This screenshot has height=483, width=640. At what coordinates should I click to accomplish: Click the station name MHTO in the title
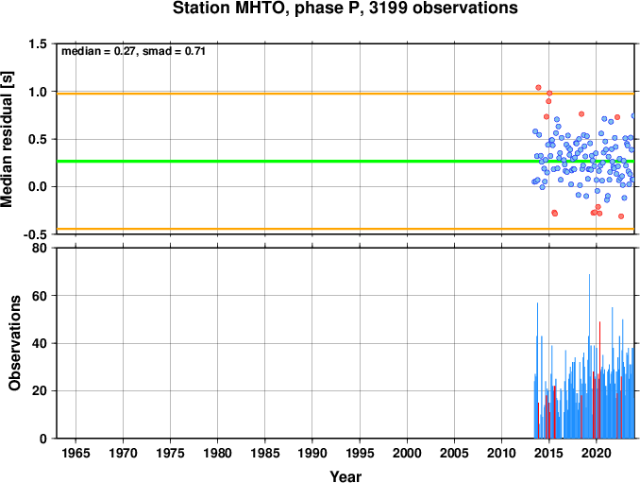click(260, 9)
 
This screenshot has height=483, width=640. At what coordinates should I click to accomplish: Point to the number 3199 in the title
click(388, 9)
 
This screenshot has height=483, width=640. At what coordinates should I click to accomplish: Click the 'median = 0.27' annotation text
click(98, 51)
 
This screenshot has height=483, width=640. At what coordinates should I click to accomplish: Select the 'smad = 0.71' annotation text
click(174, 51)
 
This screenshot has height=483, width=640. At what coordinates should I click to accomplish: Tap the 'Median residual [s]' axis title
click(7, 139)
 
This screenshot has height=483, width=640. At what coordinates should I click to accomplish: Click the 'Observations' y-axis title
click(15, 343)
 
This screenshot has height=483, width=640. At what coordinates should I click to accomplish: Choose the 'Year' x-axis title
click(345, 476)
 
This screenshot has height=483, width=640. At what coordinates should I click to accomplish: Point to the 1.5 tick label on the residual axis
click(38, 44)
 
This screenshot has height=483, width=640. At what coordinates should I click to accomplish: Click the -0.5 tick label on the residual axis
click(36, 234)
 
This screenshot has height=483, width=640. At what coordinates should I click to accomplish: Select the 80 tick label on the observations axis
click(40, 248)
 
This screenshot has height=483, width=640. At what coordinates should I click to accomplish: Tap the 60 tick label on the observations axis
click(40, 296)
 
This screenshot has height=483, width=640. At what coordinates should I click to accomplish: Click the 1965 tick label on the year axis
click(76, 453)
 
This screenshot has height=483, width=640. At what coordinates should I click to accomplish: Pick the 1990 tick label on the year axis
click(312, 453)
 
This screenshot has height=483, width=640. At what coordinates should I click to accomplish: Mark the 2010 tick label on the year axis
click(501, 453)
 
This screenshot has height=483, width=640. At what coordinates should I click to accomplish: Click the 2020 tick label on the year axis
click(597, 453)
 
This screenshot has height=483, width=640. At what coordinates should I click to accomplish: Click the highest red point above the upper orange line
click(538, 88)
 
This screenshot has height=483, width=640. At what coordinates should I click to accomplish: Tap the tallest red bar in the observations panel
click(599, 380)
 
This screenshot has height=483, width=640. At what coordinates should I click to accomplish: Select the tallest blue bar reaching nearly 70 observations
click(589, 356)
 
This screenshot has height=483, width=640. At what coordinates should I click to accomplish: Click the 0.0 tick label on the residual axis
click(38, 187)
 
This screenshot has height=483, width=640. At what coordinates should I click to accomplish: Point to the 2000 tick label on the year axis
click(407, 453)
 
